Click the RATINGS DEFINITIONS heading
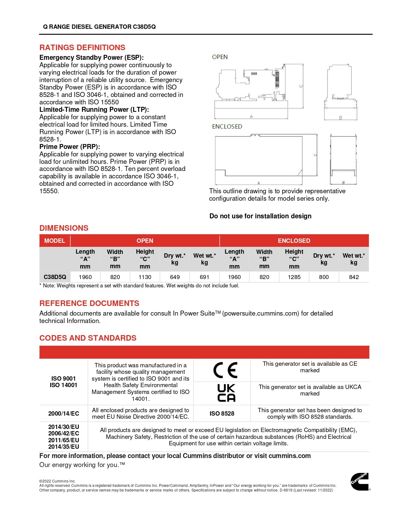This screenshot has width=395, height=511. (x=82, y=48)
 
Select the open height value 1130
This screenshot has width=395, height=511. (x=145, y=277)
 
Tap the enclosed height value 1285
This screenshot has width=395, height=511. (x=294, y=277)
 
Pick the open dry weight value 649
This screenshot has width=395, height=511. (x=175, y=277)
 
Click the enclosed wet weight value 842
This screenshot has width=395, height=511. (x=354, y=277)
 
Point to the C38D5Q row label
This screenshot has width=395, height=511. (x=55, y=277)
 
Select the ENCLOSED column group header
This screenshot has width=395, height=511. (x=294, y=241)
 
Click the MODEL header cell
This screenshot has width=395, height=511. (x=55, y=241)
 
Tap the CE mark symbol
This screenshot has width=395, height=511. (x=226, y=370)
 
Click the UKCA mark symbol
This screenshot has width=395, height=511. (x=226, y=393)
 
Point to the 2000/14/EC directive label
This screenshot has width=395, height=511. (x=64, y=413)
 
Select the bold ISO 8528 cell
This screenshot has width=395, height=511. (x=222, y=413)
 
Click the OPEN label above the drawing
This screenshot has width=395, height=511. (x=220, y=57)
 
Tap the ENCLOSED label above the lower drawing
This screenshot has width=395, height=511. (x=227, y=127)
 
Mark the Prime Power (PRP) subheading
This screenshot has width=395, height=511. (x=69, y=147)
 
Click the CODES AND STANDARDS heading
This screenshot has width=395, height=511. (x=88, y=338)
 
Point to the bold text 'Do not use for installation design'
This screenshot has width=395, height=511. (x=260, y=216)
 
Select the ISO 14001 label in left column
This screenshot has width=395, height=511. (x=64, y=385)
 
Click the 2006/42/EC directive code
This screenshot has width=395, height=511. (x=64, y=433)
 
